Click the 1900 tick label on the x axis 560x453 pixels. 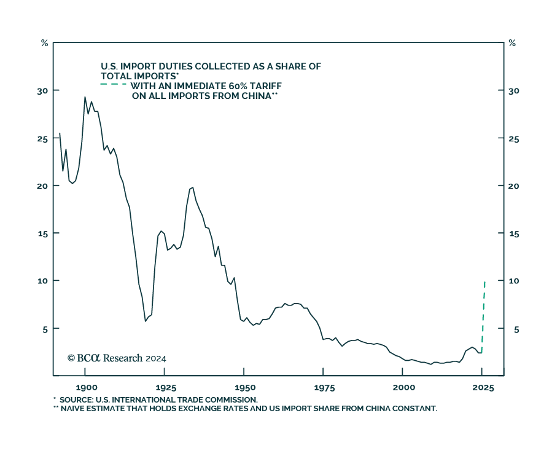coord(85,388)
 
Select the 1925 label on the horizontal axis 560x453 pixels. coord(165,388)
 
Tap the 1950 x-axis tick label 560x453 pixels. coord(244,388)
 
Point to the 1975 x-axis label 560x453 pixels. coord(324,388)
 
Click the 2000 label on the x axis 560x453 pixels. coord(403,388)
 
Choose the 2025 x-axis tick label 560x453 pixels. coord(483,388)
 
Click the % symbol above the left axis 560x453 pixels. coord(44,43)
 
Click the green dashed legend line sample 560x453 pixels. coord(114,84)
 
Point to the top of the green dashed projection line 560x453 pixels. coord(485,282)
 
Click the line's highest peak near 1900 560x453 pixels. coord(85,97)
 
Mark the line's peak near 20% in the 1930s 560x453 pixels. coord(193,187)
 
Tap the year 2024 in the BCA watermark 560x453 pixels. coord(156,358)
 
